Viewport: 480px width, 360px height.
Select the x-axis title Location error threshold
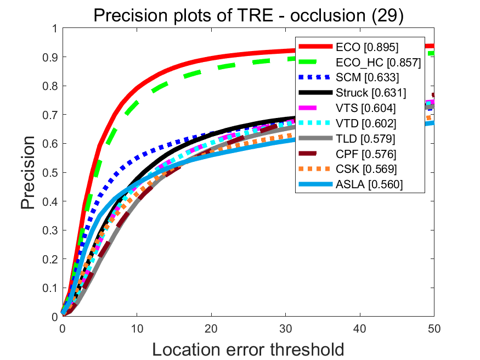pyautogui.click(x=248, y=348)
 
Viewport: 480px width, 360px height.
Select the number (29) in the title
pyautogui.click(x=388, y=15)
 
